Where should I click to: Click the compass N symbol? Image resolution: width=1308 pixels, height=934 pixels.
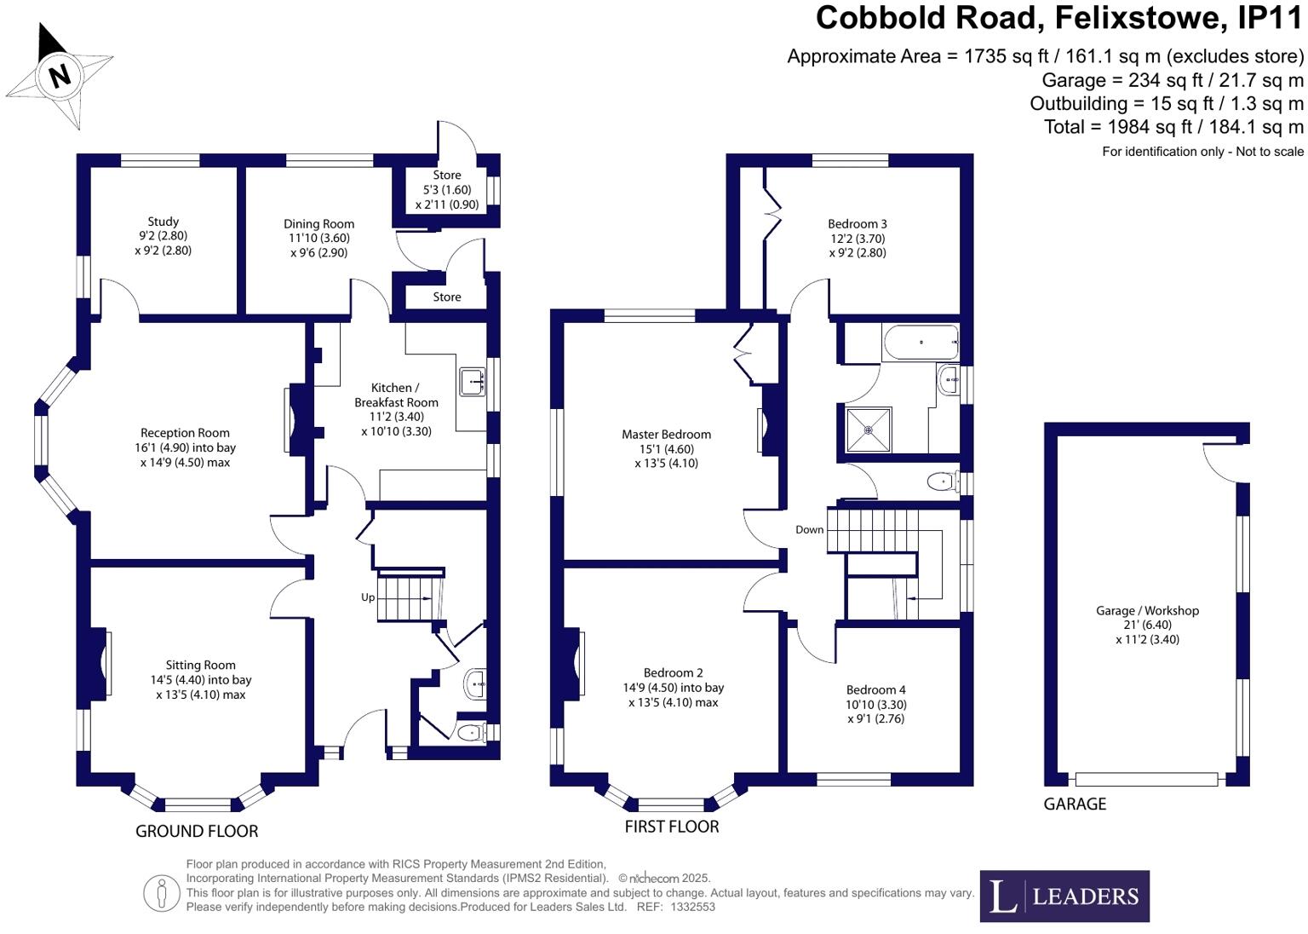pos(59,75)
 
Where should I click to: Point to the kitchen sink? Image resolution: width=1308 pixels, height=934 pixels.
pos(473,382)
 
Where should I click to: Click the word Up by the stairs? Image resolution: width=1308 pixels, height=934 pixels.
pos(368,597)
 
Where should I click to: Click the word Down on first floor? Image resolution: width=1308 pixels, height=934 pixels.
pos(809,529)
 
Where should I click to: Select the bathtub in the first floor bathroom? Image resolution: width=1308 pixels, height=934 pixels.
pos(921,343)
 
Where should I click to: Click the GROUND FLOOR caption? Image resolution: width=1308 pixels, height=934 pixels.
pos(197,831)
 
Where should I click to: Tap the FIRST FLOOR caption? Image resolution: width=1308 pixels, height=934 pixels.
pos(672,827)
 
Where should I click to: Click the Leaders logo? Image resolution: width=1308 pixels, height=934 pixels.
pos(1064,896)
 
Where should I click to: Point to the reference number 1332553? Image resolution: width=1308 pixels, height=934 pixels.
pos(693,907)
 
